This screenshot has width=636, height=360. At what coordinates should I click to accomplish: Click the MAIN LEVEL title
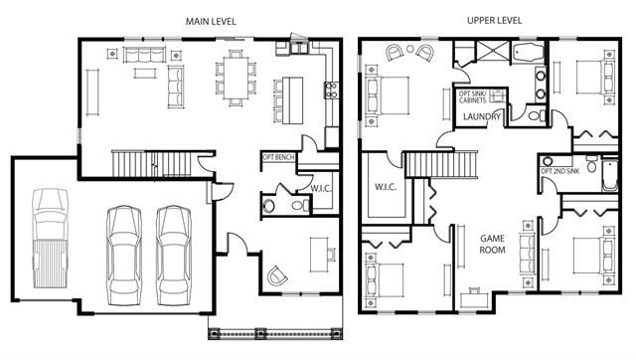click(x=211, y=22)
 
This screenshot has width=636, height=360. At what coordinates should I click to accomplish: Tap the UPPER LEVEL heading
click(x=495, y=20)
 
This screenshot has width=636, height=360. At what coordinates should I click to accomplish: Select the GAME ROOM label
click(x=493, y=244)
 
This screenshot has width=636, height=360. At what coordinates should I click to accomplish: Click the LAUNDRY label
click(x=482, y=117)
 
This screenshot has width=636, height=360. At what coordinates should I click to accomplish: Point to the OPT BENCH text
click(x=278, y=157)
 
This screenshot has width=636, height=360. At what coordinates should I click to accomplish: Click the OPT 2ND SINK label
click(x=560, y=171)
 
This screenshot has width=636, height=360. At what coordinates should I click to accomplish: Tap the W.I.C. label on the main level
click(x=321, y=188)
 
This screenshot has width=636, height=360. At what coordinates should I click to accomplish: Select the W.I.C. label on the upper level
click(x=386, y=187)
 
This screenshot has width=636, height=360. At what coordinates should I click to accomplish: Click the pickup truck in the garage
click(x=50, y=238)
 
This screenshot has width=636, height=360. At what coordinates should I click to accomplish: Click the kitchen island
click(x=293, y=100)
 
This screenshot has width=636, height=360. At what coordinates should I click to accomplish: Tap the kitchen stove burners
click(x=331, y=90)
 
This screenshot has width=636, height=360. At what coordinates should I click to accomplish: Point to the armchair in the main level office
click(x=277, y=275)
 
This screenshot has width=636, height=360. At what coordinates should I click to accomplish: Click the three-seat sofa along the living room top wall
click(x=145, y=55)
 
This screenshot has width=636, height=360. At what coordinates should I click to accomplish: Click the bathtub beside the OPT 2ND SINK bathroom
click(x=609, y=175)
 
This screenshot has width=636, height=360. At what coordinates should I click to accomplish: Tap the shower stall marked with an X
click(x=493, y=52)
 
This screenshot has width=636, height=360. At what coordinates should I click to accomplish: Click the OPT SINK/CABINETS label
click(x=473, y=97)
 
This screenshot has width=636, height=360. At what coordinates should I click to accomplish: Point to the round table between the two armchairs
click(x=410, y=49)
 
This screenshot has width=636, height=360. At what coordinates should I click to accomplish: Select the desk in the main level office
click(x=319, y=255)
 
